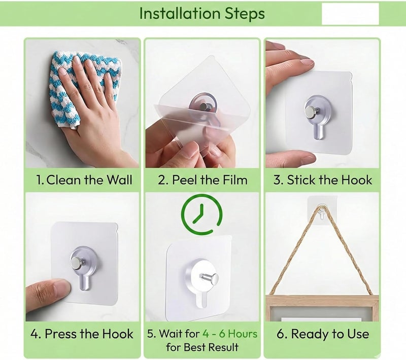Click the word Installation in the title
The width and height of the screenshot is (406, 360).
pos(180,14)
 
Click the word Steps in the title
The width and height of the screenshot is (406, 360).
pos(245,14)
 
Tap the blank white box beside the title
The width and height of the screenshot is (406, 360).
pos(350,14)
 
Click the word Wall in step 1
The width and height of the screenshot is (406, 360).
pos(120,179)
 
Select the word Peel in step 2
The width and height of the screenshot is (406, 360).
pos(184,179)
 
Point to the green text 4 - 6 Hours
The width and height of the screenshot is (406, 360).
pos(230,334)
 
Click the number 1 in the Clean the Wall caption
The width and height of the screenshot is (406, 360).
pos(40,180)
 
